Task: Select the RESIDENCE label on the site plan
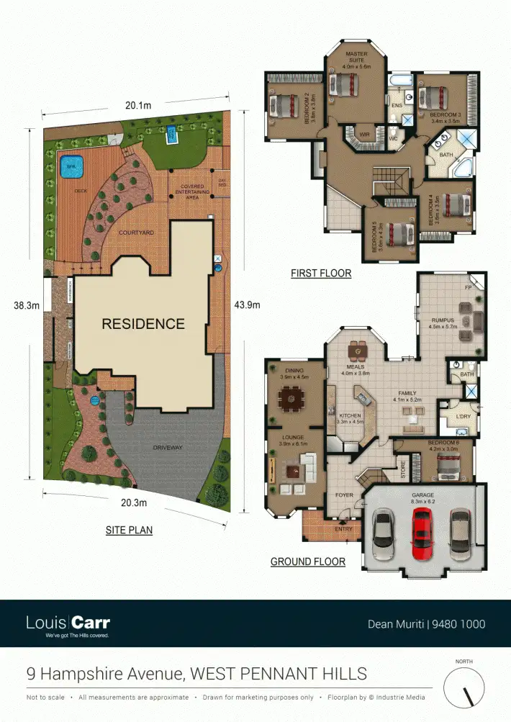143,324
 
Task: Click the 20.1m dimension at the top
138,106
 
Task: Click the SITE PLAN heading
129,531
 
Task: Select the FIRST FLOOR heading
321,274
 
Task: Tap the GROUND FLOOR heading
308,561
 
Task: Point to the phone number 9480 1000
458,624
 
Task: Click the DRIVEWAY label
168,448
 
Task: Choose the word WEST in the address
214,674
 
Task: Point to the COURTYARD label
137,233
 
